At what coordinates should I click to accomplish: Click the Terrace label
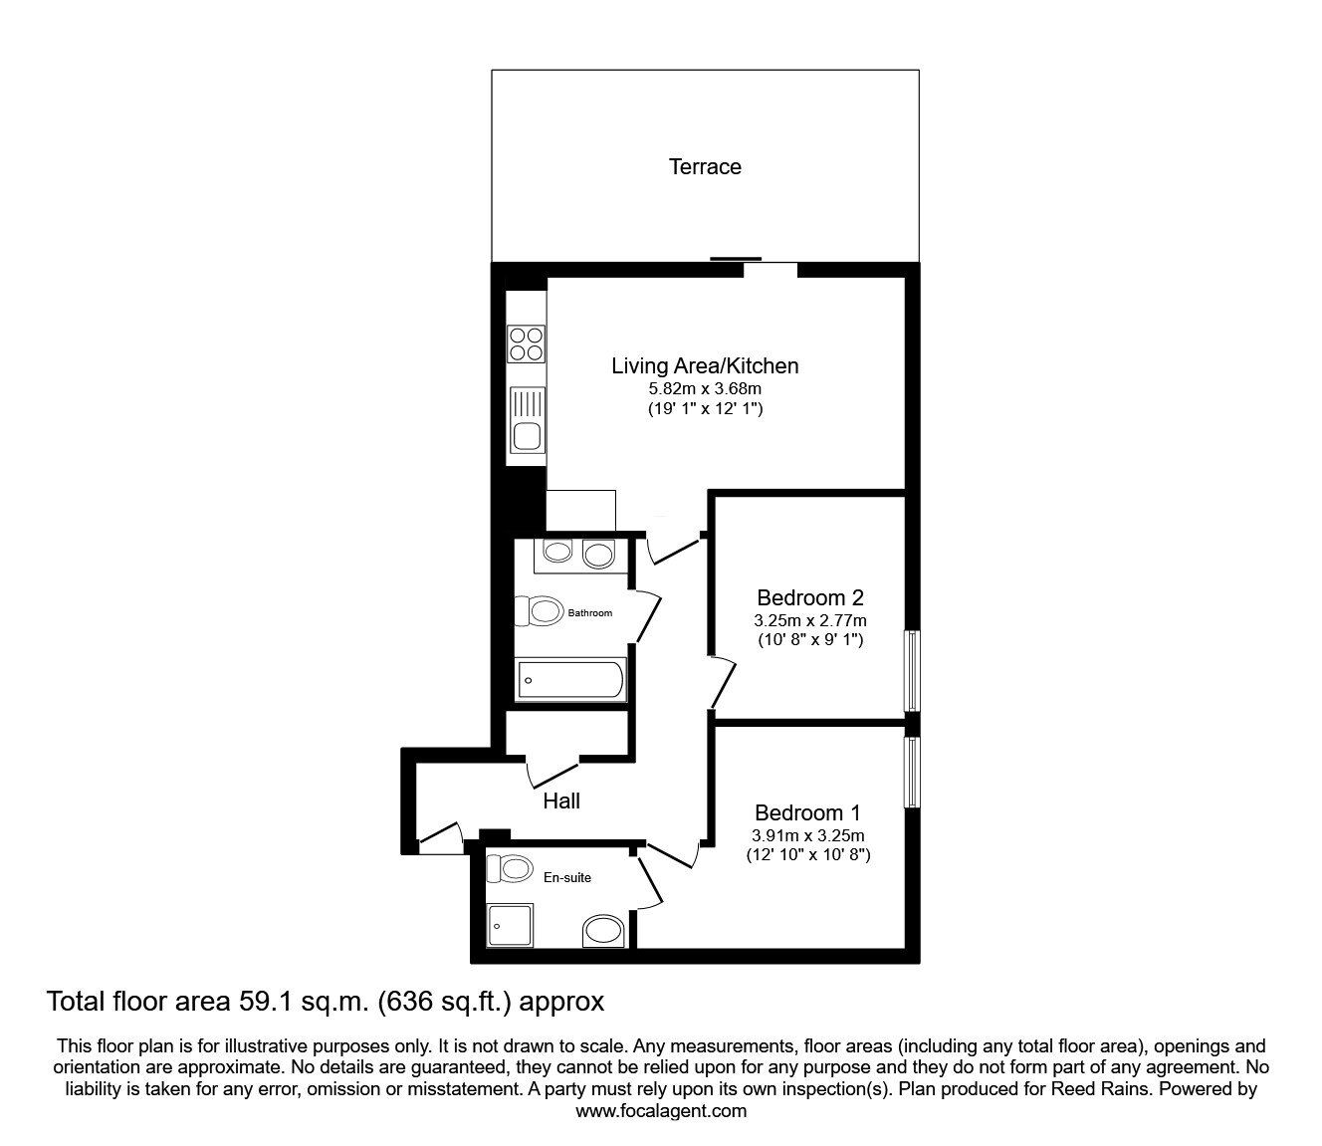pos(704,167)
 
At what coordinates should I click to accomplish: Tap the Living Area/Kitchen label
pos(704,366)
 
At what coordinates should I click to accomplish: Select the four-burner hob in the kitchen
pos(527,344)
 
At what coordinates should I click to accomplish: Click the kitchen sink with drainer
pos(527,421)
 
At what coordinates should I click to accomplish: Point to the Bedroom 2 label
pos(809,598)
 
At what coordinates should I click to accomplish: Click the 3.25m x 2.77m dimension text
pos(809,620)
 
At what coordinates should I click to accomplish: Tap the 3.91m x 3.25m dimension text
pos(807,835)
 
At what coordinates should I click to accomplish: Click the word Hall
pos(561,801)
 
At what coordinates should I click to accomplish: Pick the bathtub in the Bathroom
pos(570,680)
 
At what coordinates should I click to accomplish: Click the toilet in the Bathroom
pos(539,610)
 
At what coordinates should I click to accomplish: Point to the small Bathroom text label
pos(589,613)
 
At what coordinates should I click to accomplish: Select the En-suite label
pos(566,877)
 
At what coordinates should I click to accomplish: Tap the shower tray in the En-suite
pos(510,925)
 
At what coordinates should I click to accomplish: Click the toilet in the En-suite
pos(508,868)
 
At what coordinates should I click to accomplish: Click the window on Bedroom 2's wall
pos(911,671)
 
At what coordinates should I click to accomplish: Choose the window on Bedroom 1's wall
pos(911,772)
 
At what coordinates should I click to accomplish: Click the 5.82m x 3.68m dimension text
pos(704,389)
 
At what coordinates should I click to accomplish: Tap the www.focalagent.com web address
pos(661,1111)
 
